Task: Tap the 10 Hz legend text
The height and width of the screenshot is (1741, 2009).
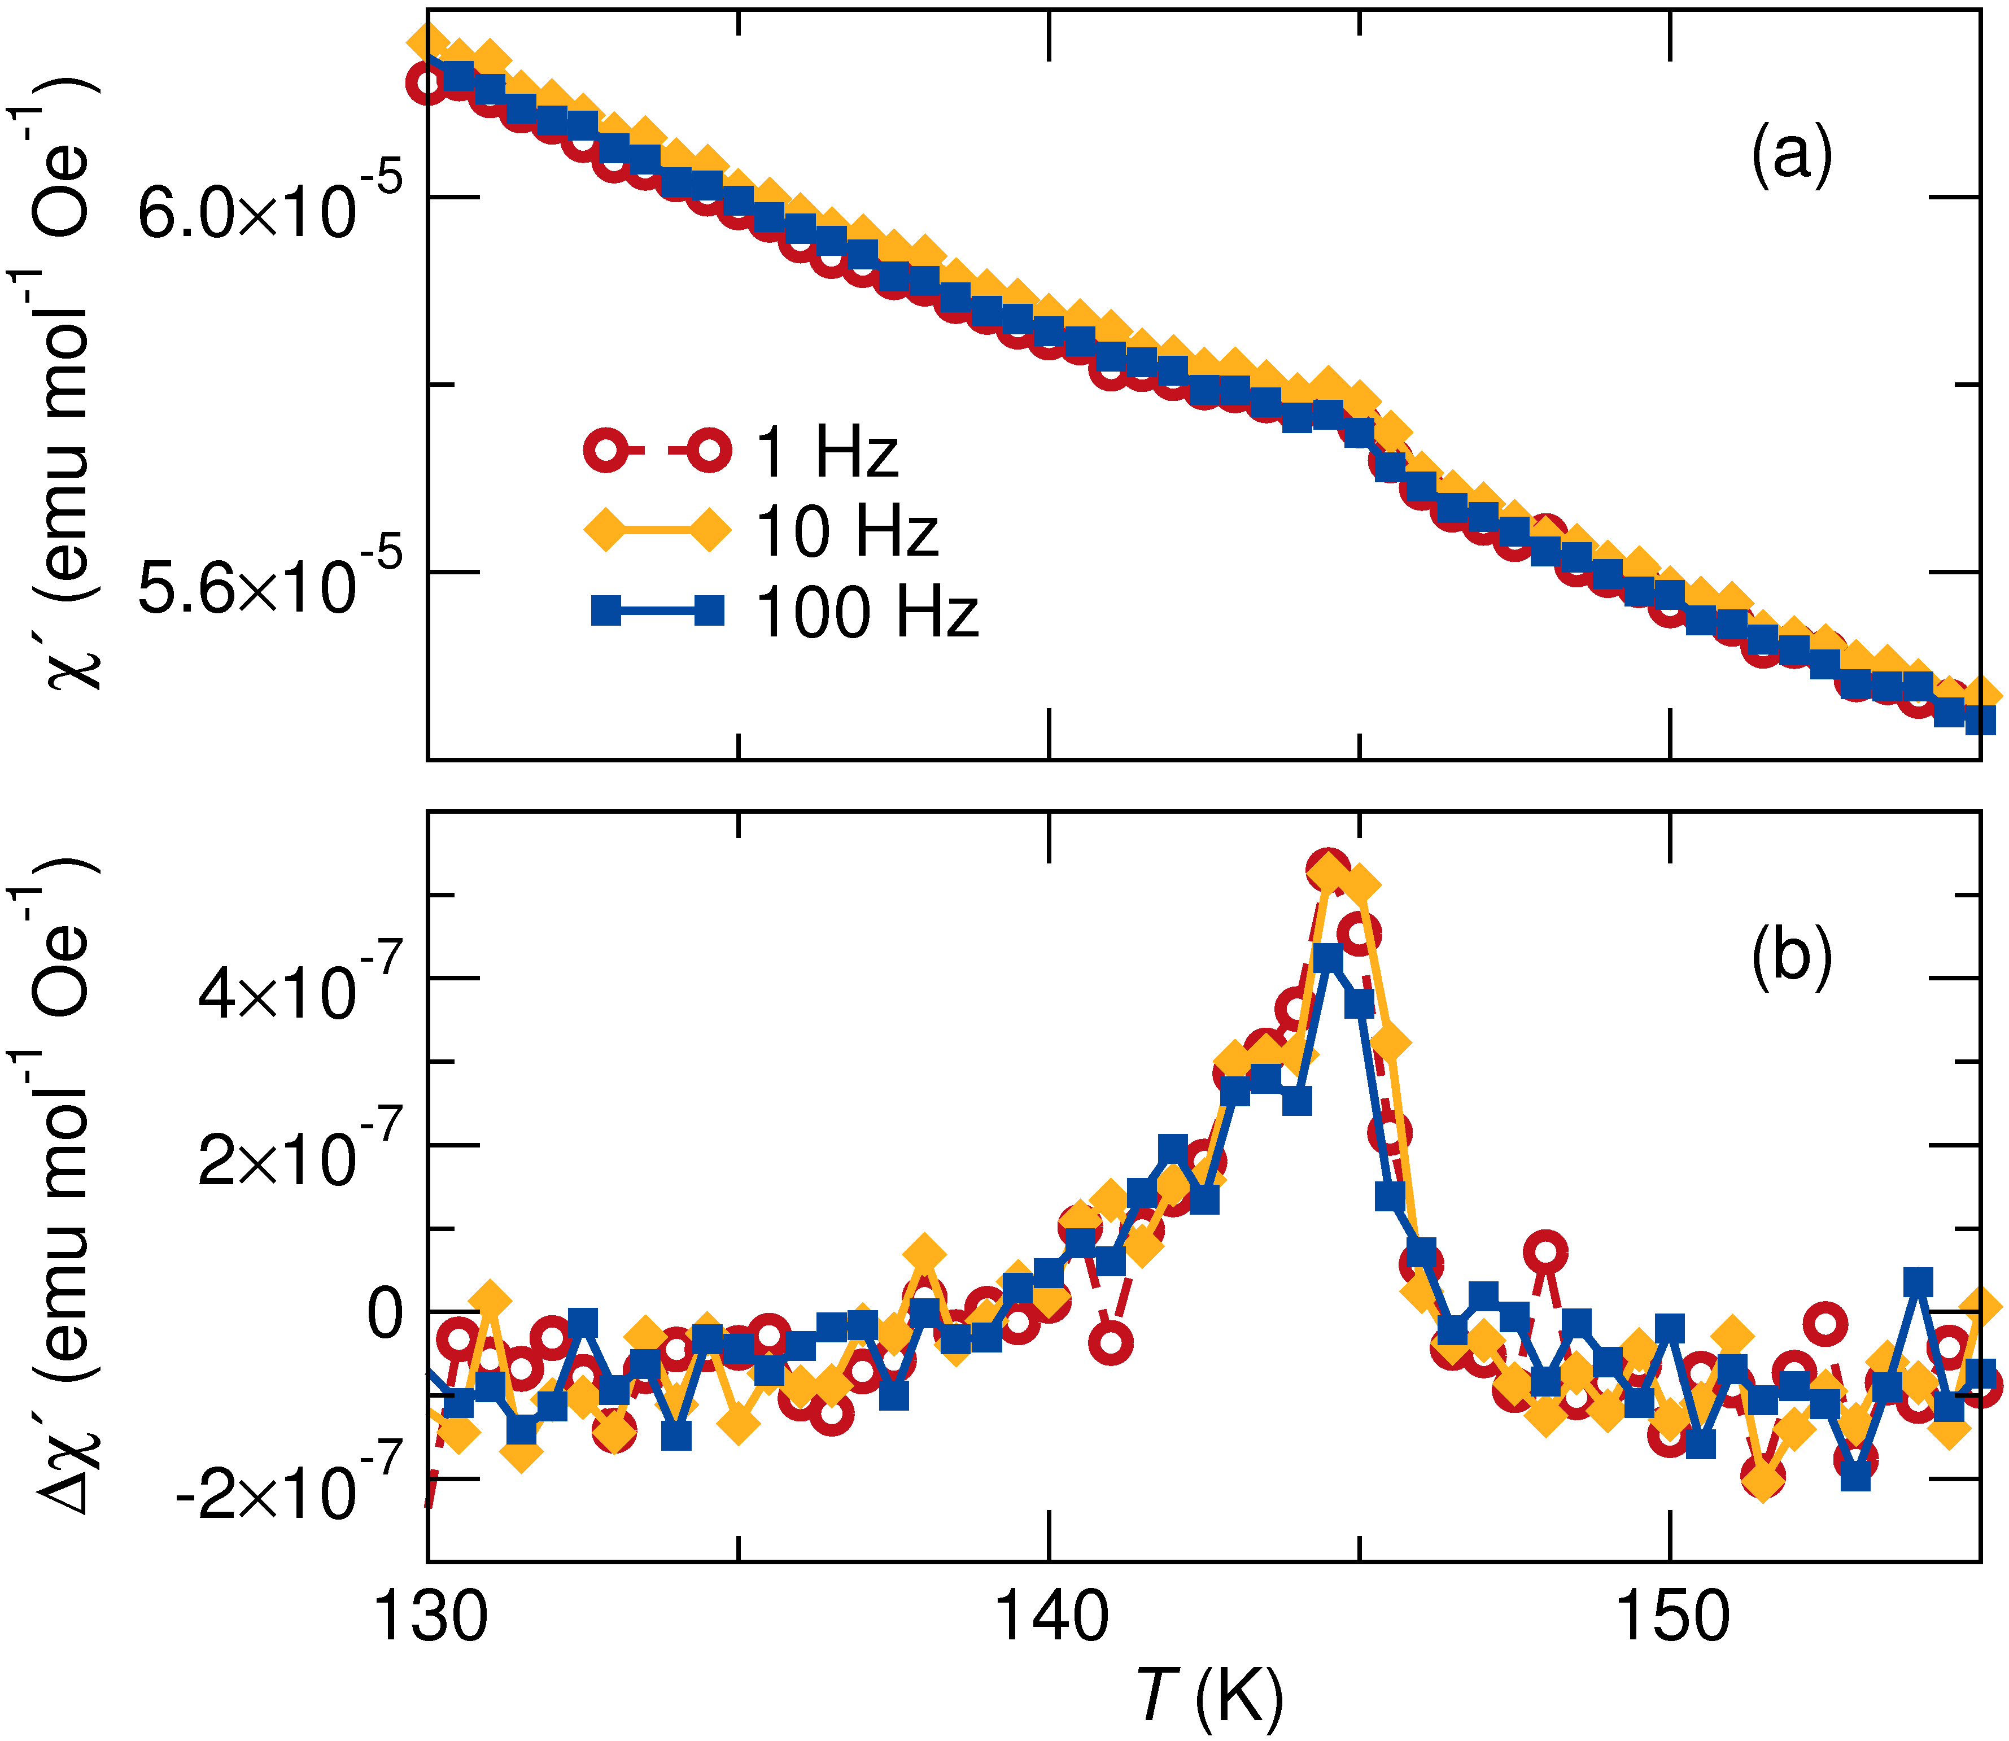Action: tap(847, 533)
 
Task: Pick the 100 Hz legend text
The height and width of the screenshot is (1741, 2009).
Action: tap(867, 613)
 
